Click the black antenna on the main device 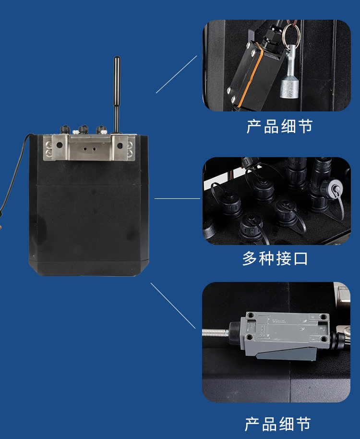(x=116, y=91)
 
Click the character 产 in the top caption (x=254, y=126)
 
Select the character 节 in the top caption (x=304, y=126)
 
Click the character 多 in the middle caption (x=250, y=259)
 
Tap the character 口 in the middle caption (x=300, y=259)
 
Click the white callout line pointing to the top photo (x=176, y=74)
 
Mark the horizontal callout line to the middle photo (x=177, y=198)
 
